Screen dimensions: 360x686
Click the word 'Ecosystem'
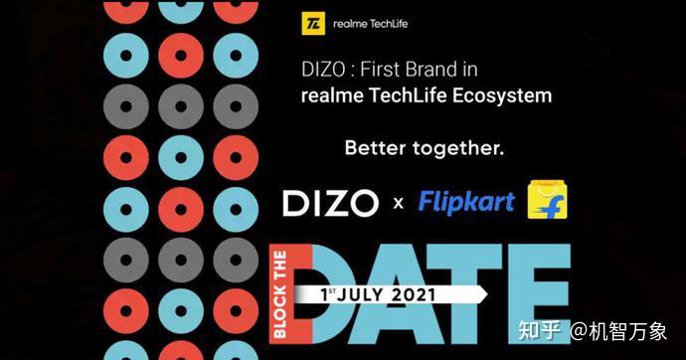point(501,97)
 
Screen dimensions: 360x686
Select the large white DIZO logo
point(330,203)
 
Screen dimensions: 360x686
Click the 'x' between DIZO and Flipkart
point(398,205)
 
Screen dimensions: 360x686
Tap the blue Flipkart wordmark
point(466,202)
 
